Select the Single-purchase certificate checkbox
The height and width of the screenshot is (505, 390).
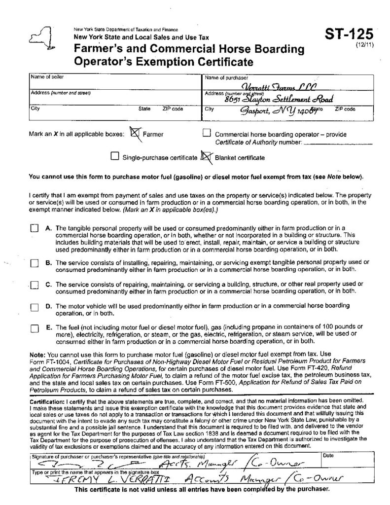click(x=115, y=157)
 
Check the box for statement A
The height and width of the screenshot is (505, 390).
click(x=34, y=228)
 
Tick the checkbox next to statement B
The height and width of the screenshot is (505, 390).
click(x=34, y=263)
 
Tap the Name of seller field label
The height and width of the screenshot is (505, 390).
click(x=47, y=77)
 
